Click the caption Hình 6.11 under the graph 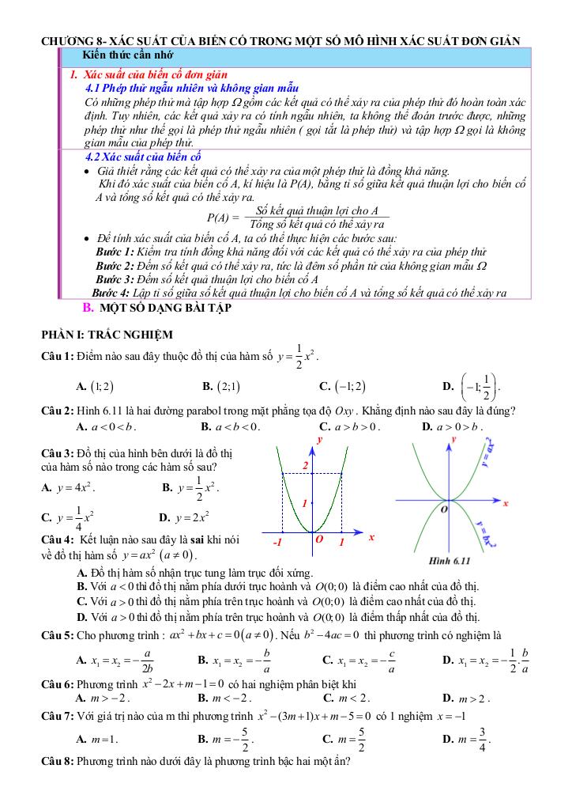pos(449,561)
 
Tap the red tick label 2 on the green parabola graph pos(304,466)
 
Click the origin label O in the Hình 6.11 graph pos(444,509)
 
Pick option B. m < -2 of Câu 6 pos(214,698)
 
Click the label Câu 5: pos(58,635)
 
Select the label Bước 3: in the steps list pos(114,279)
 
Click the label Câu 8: pos(58,765)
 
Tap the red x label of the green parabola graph pos(371,537)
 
